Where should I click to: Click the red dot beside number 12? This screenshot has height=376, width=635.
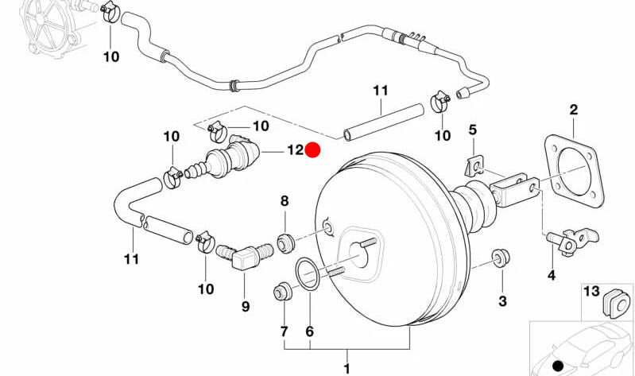(313, 149)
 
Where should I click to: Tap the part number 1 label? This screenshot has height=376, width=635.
(347, 368)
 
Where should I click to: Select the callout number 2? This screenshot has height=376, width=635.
(573, 110)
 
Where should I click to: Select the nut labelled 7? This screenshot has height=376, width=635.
(281, 292)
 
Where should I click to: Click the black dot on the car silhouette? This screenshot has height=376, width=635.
(557, 366)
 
